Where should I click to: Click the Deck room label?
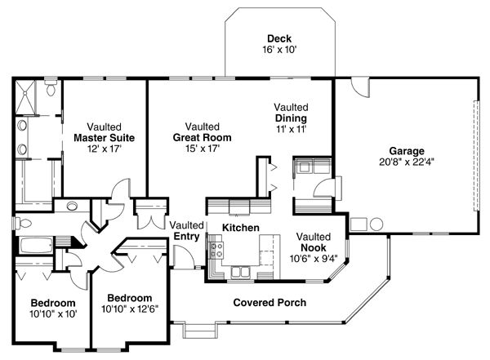click(x=279, y=38)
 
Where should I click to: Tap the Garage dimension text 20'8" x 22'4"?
click(x=407, y=162)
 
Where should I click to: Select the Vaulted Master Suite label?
click(x=104, y=132)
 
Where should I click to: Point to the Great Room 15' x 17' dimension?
click(x=203, y=149)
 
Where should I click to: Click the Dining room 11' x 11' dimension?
click(x=291, y=129)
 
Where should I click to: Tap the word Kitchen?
click(x=241, y=228)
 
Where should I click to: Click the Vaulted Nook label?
click(x=314, y=242)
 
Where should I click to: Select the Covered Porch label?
click(x=269, y=303)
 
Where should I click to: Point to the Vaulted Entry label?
click(x=186, y=231)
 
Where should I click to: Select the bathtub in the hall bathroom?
click(x=36, y=246)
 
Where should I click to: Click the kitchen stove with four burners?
click(x=216, y=251)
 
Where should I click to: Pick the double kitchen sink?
click(x=240, y=272)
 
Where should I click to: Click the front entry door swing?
click(x=184, y=256)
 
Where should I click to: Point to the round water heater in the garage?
click(x=376, y=224)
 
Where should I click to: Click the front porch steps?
click(x=200, y=331)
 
